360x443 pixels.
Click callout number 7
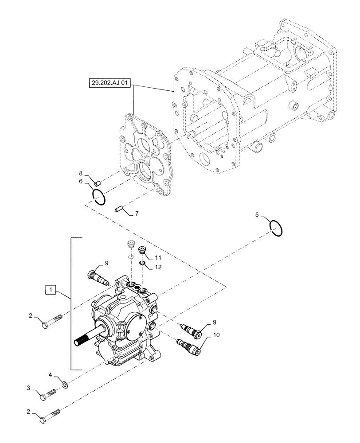(137, 214)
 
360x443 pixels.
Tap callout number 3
(30, 388)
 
